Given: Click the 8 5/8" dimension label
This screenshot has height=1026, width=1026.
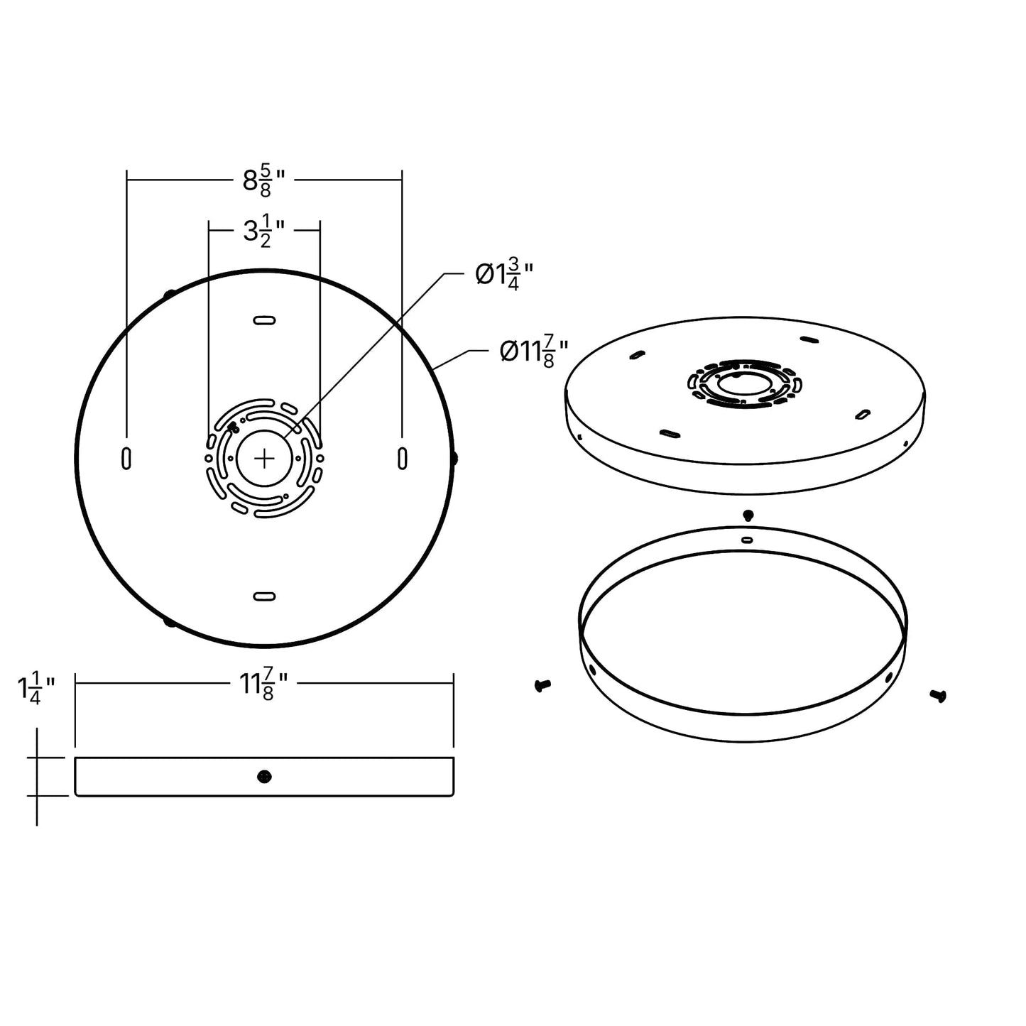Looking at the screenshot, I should [263, 182].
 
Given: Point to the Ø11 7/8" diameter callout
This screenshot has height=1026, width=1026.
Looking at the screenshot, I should [533, 351].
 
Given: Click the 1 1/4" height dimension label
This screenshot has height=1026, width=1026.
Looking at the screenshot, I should [36, 688].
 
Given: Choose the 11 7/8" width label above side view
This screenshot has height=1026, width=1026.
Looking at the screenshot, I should [263, 684].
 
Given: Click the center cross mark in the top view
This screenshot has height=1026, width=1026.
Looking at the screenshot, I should [264, 459].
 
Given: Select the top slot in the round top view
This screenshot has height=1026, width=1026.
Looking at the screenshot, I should [264, 320].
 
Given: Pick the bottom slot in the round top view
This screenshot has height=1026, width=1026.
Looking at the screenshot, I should [264, 596].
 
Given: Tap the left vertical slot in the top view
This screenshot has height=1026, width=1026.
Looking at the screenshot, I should [126, 459].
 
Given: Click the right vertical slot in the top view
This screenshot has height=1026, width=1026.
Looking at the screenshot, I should [403, 459].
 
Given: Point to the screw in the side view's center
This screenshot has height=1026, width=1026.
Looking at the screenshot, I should [264, 777].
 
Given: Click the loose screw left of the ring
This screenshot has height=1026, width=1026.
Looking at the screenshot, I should [542, 686].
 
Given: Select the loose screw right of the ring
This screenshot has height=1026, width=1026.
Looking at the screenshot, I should [938, 696].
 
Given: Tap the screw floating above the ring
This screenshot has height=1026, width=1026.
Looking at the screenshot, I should [747, 515].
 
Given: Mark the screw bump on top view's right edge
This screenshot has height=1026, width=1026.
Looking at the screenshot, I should [454, 459].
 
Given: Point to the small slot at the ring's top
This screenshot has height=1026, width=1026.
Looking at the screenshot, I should [747, 540].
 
